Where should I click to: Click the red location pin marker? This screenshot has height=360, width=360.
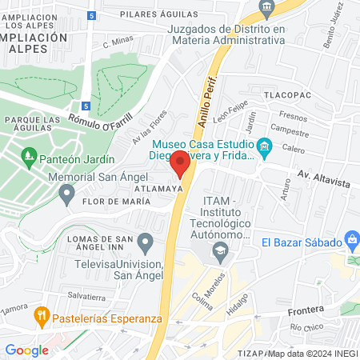click(x=180, y=165)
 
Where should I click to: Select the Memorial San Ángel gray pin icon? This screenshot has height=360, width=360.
click(x=66, y=192)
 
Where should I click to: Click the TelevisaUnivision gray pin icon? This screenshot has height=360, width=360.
click(x=145, y=241)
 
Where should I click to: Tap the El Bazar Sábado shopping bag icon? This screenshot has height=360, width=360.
click(x=352, y=242)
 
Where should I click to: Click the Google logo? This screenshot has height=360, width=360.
click(x=26, y=350)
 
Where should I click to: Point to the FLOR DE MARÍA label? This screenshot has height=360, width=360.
click(x=111, y=201)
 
